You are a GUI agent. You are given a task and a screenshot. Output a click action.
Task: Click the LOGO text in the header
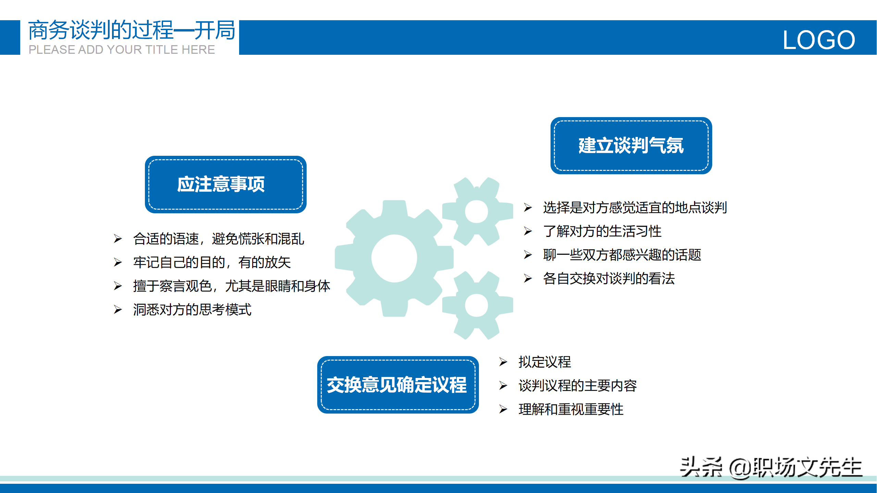[x=819, y=40]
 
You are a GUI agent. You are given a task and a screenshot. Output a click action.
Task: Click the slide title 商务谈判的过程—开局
[x=132, y=30]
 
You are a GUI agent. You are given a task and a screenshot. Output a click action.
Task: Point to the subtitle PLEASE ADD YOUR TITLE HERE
[x=122, y=50]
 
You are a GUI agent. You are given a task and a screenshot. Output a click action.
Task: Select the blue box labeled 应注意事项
[x=226, y=184]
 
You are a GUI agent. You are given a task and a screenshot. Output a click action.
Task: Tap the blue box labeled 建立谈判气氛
[x=631, y=146]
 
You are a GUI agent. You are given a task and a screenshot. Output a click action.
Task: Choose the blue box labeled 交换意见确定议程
[x=398, y=384]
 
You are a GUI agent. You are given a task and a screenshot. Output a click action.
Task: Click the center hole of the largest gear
[x=394, y=258]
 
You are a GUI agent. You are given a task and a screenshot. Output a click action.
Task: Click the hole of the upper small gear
[x=477, y=211]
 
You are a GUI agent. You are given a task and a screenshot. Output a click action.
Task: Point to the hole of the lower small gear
[x=477, y=305]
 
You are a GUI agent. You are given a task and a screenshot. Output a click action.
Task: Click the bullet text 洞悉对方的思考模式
[x=192, y=309]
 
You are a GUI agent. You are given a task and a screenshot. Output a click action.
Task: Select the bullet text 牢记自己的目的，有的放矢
[x=212, y=262]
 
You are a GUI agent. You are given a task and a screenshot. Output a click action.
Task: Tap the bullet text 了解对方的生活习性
[x=602, y=231]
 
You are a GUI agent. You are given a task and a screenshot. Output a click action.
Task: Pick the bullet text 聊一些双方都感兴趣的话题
[x=622, y=255]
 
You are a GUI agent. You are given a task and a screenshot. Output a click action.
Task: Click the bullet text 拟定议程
[x=545, y=362]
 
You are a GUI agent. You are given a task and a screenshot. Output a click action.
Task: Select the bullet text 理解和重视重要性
[x=571, y=409]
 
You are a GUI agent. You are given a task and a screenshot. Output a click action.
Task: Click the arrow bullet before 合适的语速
[x=118, y=239]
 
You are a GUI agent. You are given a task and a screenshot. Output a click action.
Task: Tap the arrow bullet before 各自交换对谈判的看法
[x=528, y=278]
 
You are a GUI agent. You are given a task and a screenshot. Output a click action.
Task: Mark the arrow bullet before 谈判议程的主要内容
[x=503, y=385]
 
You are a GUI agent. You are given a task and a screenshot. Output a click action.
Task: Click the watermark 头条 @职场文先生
[x=771, y=467]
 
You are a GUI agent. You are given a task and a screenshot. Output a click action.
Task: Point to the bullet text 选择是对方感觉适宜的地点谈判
[x=635, y=207]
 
